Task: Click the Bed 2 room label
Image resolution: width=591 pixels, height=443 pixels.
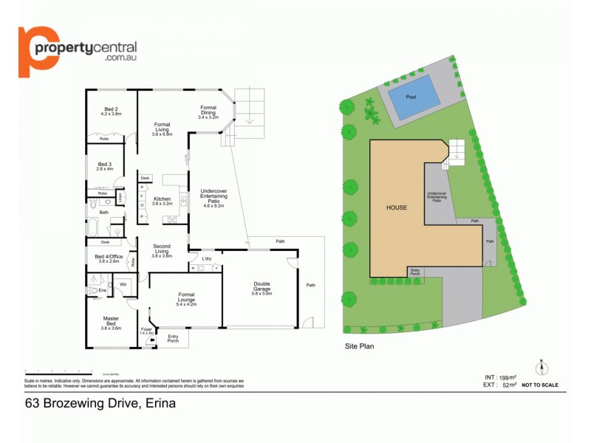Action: pos(110,111)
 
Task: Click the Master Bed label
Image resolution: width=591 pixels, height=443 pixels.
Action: pos(111,322)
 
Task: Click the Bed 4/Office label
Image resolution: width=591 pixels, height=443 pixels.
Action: pos(108,258)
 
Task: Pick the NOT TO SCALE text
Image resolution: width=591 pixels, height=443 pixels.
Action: pos(541,385)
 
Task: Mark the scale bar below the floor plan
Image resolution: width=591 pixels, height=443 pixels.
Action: pos(59,371)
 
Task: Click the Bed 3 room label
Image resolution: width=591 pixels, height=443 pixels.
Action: pos(105,167)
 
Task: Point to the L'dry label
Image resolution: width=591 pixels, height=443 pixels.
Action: pos(206,258)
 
